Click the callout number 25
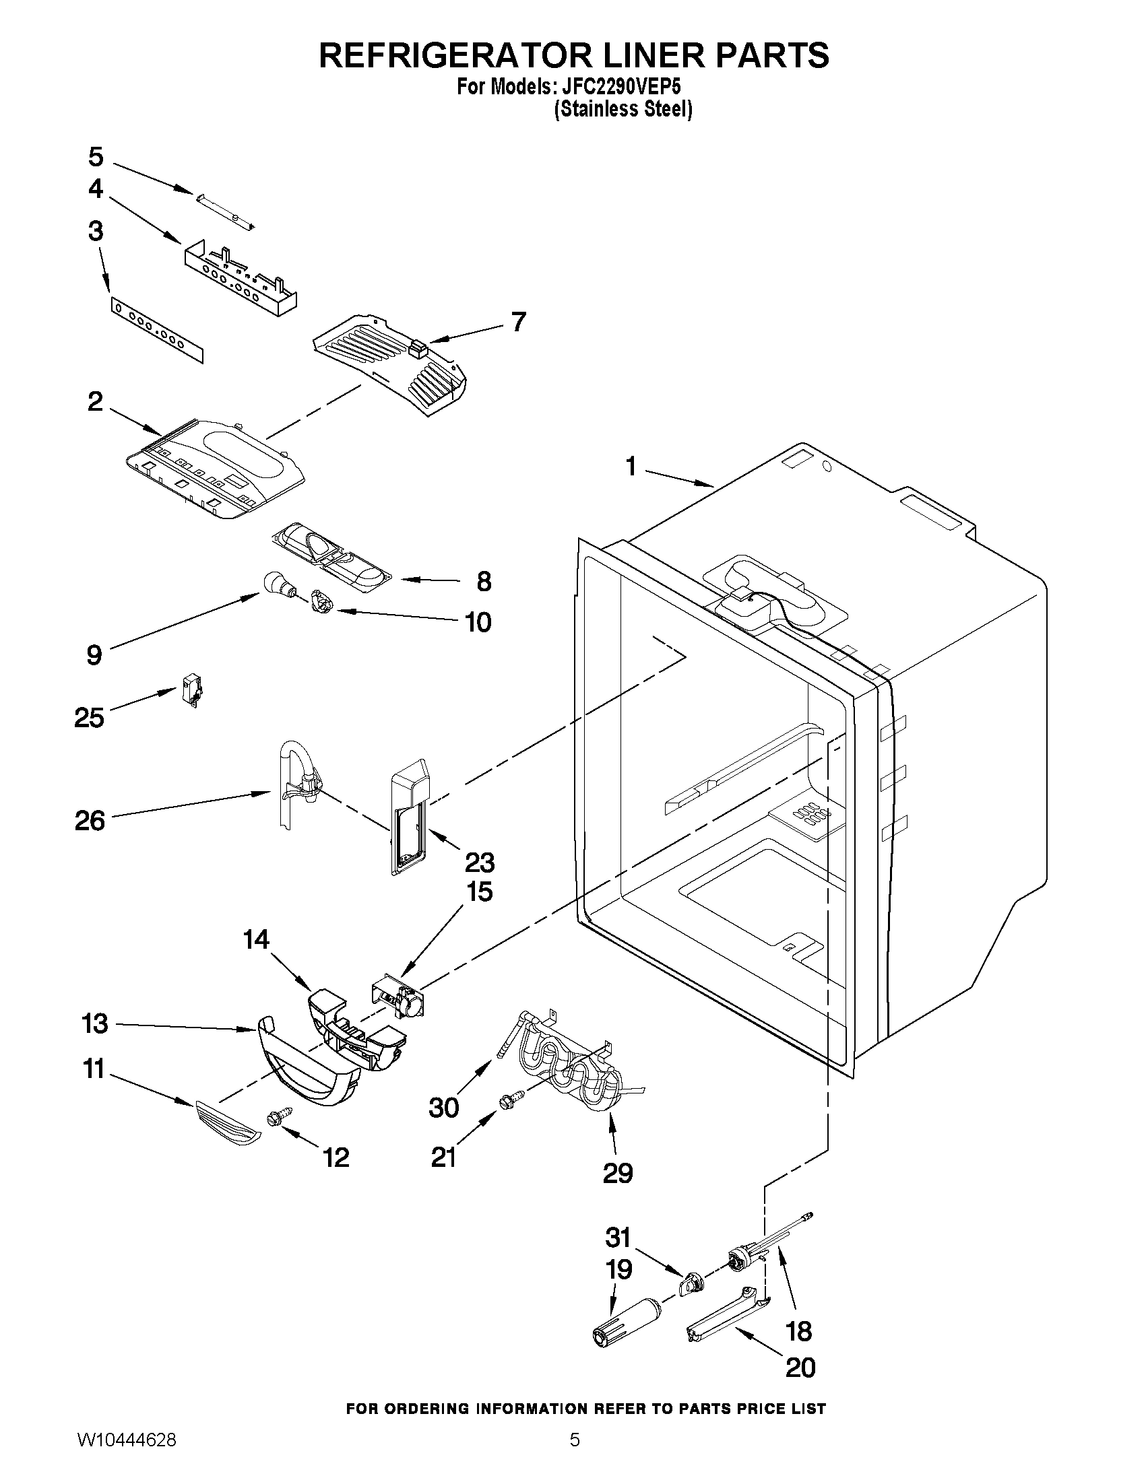coord(89,718)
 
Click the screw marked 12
coord(281,1116)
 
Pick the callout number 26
coord(90,821)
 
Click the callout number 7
coord(518,322)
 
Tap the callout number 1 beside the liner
coord(631,467)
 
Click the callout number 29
coord(617,1172)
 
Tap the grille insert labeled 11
coord(228,1124)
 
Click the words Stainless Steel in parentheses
coord(623,109)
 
